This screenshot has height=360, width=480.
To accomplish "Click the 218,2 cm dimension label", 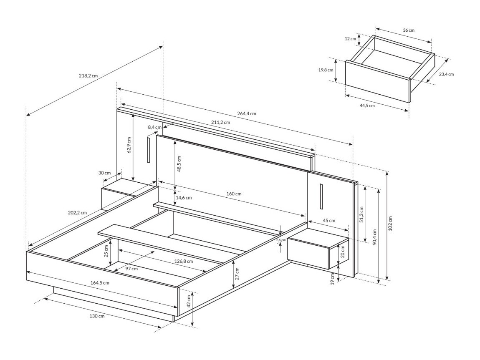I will tap(88, 76).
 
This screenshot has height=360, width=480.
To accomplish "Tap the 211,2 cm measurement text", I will tap(220, 123).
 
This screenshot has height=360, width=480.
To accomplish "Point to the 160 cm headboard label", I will tap(234, 194).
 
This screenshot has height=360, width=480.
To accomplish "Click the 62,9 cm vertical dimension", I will tap(129, 145).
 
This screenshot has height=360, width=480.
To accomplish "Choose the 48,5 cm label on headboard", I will tap(179, 164).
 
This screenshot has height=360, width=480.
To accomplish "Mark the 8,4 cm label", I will tap(154, 127).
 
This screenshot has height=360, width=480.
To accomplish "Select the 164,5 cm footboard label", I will tap(100, 282).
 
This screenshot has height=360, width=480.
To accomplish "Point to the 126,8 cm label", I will tap(184, 261).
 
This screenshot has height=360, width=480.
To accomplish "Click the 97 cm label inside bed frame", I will tap(131, 269).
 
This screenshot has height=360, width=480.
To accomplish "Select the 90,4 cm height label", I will tap(374, 238).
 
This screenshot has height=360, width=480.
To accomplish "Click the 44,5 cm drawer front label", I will tap(367, 106).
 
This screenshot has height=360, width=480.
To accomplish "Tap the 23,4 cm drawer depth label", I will tap(446, 74).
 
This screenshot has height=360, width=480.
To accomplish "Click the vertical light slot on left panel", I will tap(148, 149).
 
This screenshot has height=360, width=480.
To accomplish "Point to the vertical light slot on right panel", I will tap(322, 196).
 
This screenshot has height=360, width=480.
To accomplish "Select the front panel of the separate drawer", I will tap(378, 81).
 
